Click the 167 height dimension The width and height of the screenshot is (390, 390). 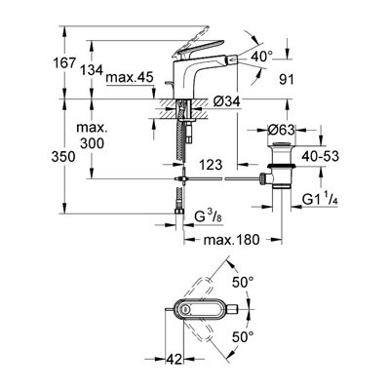[x=63, y=62]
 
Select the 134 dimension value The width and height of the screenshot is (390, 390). [x=92, y=70]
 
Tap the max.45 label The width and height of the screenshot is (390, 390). [x=130, y=77]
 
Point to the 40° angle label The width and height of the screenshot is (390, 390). [x=262, y=57]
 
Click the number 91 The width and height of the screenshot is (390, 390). [x=287, y=80]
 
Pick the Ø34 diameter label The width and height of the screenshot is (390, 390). [x=227, y=101]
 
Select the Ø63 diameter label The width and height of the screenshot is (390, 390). [x=282, y=131]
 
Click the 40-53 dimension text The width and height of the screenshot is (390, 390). [x=320, y=156]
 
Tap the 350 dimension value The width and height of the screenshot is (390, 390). [x=63, y=157]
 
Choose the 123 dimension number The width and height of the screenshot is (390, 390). [x=211, y=165]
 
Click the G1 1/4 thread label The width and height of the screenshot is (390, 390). [x=320, y=199]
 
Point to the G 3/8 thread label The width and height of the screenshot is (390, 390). [x=209, y=215]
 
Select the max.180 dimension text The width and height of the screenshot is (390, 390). [x=232, y=240]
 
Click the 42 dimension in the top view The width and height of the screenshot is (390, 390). [x=174, y=359]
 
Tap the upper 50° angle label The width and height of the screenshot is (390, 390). [x=243, y=282]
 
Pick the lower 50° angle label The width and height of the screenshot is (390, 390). [x=243, y=337]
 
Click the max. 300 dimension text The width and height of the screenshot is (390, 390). [x=92, y=136]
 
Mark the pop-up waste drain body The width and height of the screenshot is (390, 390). [x=282, y=166]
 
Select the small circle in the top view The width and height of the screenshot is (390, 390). [x=185, y=308]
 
